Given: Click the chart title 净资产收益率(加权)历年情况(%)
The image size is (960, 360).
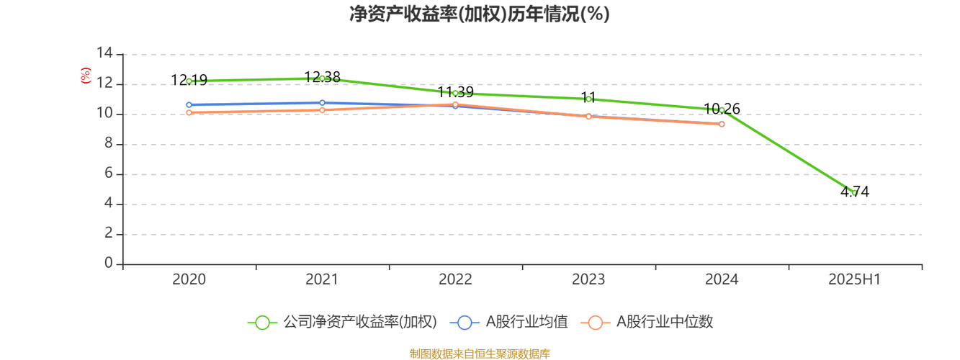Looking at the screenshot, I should click(x=480, y=14).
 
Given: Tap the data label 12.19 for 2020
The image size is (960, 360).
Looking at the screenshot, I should click(x=189, y=81).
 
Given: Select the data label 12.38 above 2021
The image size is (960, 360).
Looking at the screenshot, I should click(x=322, y=77).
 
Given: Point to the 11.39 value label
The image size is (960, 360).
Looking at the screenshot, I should click(x=455, y=92).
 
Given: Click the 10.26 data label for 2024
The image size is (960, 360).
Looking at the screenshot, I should click(x=722, y=109).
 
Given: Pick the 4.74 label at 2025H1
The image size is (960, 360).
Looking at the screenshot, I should click(x=855, y=192).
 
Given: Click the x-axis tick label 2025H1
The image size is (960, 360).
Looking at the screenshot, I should click(x=855, y=279).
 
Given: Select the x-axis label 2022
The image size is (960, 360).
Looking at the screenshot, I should click(x=455, y=279).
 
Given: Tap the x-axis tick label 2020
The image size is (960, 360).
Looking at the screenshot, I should click(x=189, y=279).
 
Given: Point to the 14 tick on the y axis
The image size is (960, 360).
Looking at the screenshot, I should click(x=105, y=53).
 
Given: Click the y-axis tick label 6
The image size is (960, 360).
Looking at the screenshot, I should click(x=109, y=174).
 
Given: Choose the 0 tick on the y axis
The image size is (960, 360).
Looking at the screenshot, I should click(x=109, y=264).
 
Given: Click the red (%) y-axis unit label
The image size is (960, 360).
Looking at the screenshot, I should click(x=86, y=75).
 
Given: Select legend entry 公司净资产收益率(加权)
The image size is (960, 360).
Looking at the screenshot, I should click(x=343, y=323).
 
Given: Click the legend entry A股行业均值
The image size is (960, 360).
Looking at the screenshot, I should click(x=510, y=323).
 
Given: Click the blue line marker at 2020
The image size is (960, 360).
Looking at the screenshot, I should click(x=189, y=104).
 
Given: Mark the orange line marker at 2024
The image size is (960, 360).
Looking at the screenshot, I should click(x=722, y=124).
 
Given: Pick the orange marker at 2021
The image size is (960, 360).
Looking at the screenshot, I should click(x=322, y=109).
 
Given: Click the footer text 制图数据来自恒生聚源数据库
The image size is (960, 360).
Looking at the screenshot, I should click(x=480, y=354).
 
